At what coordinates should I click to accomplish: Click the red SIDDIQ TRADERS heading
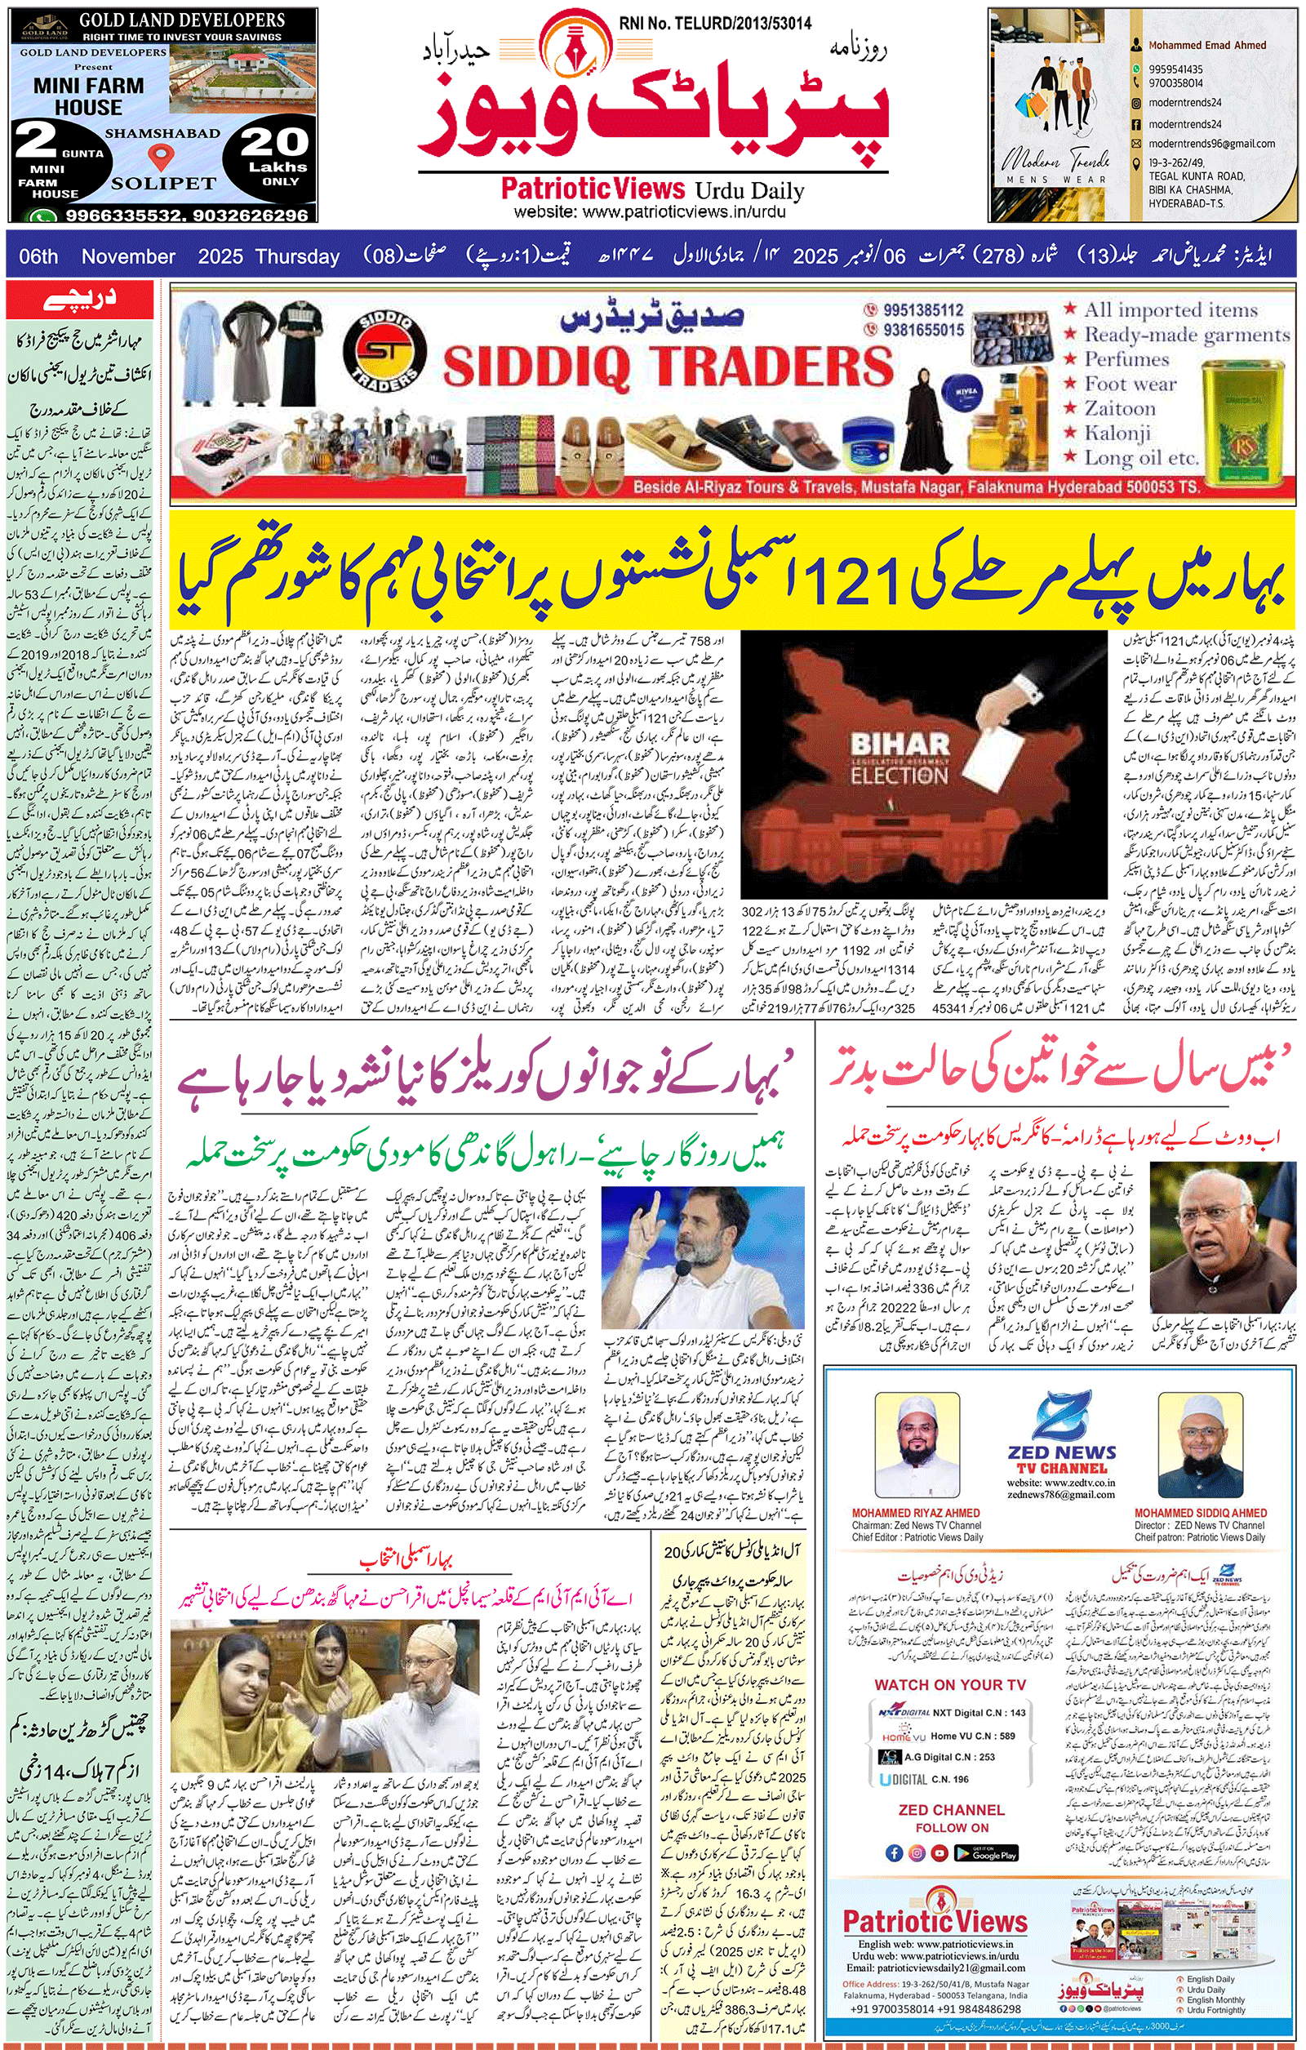(x=668, y=367)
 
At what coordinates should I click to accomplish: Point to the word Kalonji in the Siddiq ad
(x=1117, y=434)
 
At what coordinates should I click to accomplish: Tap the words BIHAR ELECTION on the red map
(x=899, y=759)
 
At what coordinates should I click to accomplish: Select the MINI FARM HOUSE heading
(x=88, y=96)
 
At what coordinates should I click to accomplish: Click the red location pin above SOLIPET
(x=160, y=156)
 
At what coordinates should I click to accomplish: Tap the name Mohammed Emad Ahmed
(x=1206, y=45)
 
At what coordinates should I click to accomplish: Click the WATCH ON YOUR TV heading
(x=949, y=1685)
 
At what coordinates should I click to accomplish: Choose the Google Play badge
(x=985, y=1852)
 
